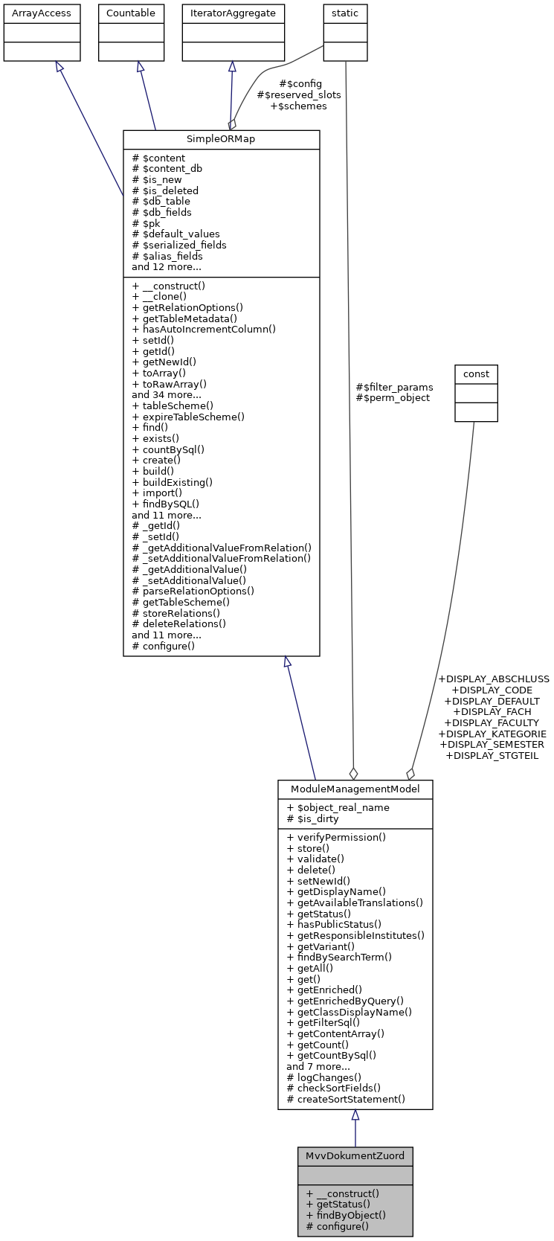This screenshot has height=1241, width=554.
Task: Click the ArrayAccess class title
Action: click(42, 13)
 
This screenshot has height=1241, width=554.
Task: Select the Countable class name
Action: click(131, 13)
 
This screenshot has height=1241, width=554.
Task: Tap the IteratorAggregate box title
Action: click(233, 13)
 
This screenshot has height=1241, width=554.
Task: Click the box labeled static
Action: click(345, 13)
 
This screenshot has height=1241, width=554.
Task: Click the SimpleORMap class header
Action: click(221, 139)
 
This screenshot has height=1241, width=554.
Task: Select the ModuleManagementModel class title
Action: click(355, 789)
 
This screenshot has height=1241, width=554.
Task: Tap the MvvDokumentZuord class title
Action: click(355, 1155)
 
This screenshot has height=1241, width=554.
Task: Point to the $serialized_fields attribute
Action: click(179, 245)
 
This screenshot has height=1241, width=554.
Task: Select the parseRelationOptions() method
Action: click(193, 591)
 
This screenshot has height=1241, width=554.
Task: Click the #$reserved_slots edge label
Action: click(299, 94)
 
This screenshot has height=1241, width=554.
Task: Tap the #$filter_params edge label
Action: click(394, 387)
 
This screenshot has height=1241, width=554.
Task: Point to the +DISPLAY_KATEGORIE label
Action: click(493, 734)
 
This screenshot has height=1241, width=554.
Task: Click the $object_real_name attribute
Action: click(338, 808)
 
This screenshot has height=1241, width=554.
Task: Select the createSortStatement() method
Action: click(346, 1099)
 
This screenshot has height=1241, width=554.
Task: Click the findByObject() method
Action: click(346, 1215)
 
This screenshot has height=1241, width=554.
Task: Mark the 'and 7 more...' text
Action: click(318, 1066)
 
